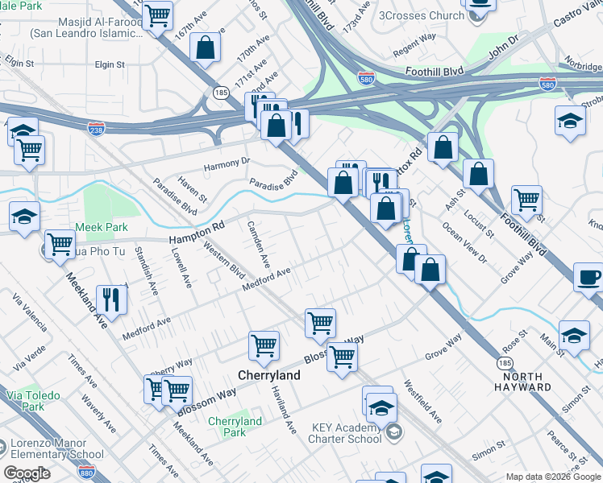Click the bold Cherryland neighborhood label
click(269, 375)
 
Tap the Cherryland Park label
click(235, 427)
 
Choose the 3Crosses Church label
click(420, 15)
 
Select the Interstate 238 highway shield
click(96, 127)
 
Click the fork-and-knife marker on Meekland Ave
click(112, 299)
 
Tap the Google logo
click(27, 473)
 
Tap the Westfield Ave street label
click(423, 402)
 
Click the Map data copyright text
click(554, 477)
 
